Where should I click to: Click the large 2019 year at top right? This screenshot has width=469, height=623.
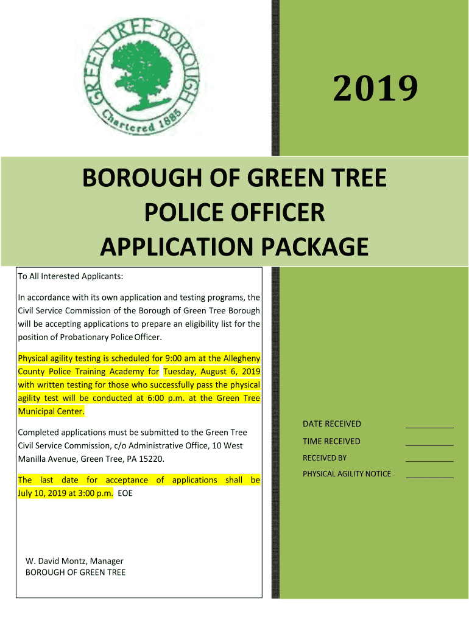(x=375, y=89)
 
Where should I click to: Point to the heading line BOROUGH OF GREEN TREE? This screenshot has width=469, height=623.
(x=234, y=179)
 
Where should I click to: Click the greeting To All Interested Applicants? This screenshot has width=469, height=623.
(x=71, y=277)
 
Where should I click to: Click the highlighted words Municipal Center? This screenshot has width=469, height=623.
(x=52, y=412)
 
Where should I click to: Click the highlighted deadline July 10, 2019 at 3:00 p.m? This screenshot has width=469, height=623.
(x=66, y=493)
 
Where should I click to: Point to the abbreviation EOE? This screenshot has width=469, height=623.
(x=125, y=493)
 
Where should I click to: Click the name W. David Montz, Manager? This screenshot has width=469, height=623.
(x=74, y=561)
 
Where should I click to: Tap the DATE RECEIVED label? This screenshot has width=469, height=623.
(x=332, y=424)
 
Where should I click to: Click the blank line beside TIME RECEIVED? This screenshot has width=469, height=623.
(x=429, y=445)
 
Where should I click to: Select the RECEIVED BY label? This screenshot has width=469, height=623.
(x=325, y=458)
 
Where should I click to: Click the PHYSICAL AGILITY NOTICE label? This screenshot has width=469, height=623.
(x=347, y=474)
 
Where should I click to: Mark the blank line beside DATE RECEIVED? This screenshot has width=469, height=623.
(x=429, y=427)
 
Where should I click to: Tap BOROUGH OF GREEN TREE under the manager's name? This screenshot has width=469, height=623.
(x=76, y=573)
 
